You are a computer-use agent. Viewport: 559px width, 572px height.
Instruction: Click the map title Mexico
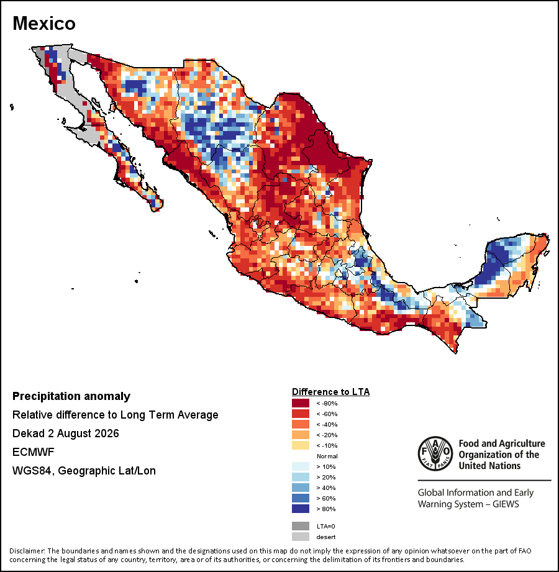click(x=44, y=24)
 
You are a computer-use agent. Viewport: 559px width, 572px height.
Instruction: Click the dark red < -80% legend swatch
click(x=300, y=403)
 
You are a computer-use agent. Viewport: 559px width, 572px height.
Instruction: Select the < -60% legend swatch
click(x=300, y=414)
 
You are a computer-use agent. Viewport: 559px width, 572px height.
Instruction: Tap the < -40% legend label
click(x=327, y=424)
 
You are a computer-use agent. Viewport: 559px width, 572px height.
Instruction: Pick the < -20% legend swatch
click(x=300, y=435)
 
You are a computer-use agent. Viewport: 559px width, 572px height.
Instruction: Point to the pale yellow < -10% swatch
click(x=300, y=445)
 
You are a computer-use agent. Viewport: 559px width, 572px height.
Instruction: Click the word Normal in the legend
click(x=327, y=456)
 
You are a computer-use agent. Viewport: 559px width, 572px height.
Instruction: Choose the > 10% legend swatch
click(x=300, y=466)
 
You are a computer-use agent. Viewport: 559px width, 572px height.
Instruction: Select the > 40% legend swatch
click(x=300, y=488)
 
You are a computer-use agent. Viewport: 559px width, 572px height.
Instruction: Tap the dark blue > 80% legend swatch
click(x=300, y=509)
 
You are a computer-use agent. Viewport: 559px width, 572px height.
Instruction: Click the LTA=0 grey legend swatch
click(x=300, y=526)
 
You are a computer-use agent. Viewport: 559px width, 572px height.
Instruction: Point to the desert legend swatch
click(x=300, y=537)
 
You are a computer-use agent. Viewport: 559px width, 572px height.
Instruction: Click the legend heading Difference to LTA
click(x=330, y=392)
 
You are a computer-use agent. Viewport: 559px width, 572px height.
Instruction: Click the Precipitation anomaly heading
click(x=71, y=396)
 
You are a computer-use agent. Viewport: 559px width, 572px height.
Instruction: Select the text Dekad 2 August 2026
click(x=66, y=434)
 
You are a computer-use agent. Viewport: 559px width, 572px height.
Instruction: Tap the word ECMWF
click(x=33, y=452)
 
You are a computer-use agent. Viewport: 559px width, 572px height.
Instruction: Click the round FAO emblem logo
click(x=435, y=453)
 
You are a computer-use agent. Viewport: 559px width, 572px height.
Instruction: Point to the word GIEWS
click(x=506, y=504)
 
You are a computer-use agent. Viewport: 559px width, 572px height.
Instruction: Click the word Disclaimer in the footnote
click(x=27, y=551)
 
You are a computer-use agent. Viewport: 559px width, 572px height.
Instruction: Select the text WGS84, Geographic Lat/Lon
click(x=84, y=471)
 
